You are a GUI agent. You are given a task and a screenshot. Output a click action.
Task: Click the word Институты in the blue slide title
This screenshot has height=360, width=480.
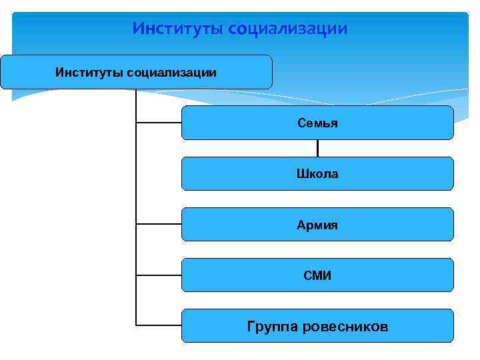pyautogui.click(x=177, y=29)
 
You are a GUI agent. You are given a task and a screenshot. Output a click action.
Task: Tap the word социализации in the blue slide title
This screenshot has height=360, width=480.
pyautogui.click(x=287, y=29)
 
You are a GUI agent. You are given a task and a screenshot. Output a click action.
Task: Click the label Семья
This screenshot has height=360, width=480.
pyautogui.click(x=317, y=123)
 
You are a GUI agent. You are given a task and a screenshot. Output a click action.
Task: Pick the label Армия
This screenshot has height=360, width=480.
pyautogui.click(x=317, y=225)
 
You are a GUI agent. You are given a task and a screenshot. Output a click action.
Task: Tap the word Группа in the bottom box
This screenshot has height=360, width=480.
pyautogui.click(x=272, y=327)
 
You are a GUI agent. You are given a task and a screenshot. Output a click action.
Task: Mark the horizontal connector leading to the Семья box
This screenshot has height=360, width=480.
pyautogui.click(x=159, y=123)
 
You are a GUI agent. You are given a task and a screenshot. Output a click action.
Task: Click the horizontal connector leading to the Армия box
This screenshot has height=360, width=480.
pyautogui.click(x=159, y=224)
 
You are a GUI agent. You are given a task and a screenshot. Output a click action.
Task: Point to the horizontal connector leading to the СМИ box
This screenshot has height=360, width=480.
pyautogui.click(x=159, y=275)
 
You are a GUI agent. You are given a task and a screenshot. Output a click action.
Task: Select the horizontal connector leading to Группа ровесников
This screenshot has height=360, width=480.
pyautogui.click(x=159, y=325)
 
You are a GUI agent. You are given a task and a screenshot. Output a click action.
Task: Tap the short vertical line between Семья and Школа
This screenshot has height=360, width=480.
pyautogui.click(x=317, y=148)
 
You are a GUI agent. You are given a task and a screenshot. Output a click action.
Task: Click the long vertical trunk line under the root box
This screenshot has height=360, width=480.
pyautogui.click(x=136, y=200)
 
